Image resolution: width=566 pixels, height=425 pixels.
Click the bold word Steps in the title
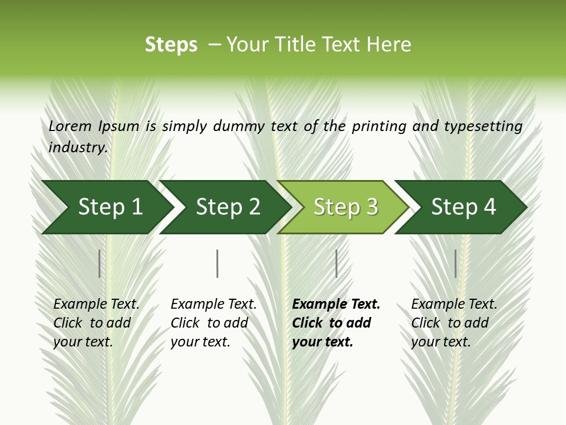point(171,45)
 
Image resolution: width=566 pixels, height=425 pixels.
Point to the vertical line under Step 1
point(100,263)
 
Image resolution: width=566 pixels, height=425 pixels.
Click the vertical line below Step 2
point(218,263)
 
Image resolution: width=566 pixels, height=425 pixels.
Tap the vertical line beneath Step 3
point(336,263)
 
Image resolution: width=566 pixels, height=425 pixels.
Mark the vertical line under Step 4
point(456,263)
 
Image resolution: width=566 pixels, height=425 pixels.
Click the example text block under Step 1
point(96,323)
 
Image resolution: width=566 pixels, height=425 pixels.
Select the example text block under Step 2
point(213,323)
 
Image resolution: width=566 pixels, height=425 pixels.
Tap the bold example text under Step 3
point(336,323)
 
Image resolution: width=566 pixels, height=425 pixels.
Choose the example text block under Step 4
point(454,323)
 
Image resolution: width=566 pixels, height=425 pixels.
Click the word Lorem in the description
point(70,126)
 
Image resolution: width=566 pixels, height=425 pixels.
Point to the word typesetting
point(483,126)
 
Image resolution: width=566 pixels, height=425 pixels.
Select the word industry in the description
point(78,147)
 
